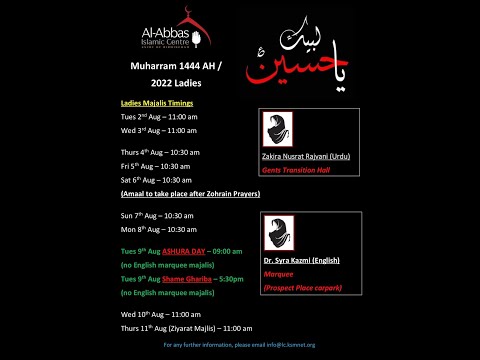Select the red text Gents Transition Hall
tap(298, 170)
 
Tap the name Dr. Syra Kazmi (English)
tap(303, 260)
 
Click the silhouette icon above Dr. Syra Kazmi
tap(278, 232)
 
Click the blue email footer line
tap(239, 345)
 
